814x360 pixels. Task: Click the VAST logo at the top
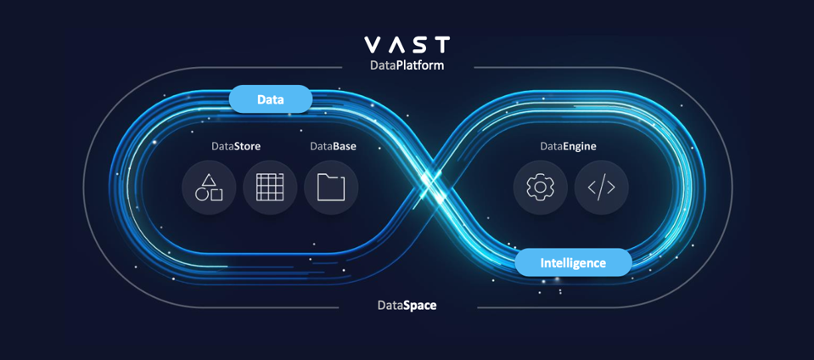click(407, 44)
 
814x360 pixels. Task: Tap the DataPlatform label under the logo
click(407, 65)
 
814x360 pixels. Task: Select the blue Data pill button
click(271, 99)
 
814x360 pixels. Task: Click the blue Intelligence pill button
click(573, 262)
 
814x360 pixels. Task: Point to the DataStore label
click(236, 146)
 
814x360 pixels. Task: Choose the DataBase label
click(333, 146)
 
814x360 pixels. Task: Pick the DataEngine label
click(568, 146)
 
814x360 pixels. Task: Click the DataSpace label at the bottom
click(407, 305)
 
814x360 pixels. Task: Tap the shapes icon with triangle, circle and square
click(209, 187)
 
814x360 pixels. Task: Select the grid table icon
click(270, 187)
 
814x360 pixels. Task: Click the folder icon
click(331, 187)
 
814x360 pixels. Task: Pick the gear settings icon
click(540, 187)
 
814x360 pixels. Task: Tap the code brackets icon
click(601, 187)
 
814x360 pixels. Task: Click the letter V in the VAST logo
click(373, 44)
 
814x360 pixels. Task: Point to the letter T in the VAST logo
click(441, 44)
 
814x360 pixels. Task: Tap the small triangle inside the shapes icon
click(209, 180)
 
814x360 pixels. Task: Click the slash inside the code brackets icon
click(601, 187)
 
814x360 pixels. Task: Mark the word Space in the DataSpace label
click(418, 305)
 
